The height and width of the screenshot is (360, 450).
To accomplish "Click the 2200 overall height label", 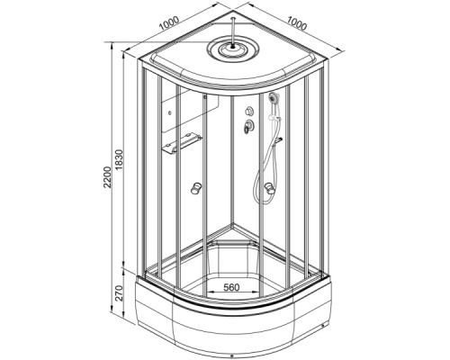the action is (x=107, y=177).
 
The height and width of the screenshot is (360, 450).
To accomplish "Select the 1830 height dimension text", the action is (x=119, y=160).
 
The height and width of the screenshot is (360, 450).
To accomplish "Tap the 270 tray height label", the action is (x=119, y=293).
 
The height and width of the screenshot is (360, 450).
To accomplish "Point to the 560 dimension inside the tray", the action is (x=232, y=287).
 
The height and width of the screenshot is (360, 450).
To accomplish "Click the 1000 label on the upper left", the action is (x=169, y=23).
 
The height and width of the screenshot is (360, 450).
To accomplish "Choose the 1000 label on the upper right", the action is (x=297, y=23).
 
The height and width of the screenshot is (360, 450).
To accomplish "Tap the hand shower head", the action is (x=274, y=97).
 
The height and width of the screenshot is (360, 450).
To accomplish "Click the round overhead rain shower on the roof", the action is (x=233, y=49).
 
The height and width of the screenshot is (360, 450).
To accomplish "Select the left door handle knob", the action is (x=196, y=188).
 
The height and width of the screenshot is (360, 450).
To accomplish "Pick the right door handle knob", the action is (x=269, y=189).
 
